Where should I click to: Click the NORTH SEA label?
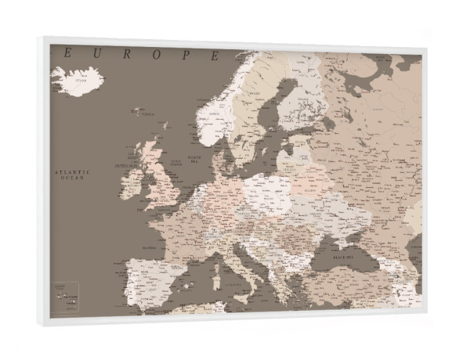pos(195,159)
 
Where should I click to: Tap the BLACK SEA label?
pos(345,257)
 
